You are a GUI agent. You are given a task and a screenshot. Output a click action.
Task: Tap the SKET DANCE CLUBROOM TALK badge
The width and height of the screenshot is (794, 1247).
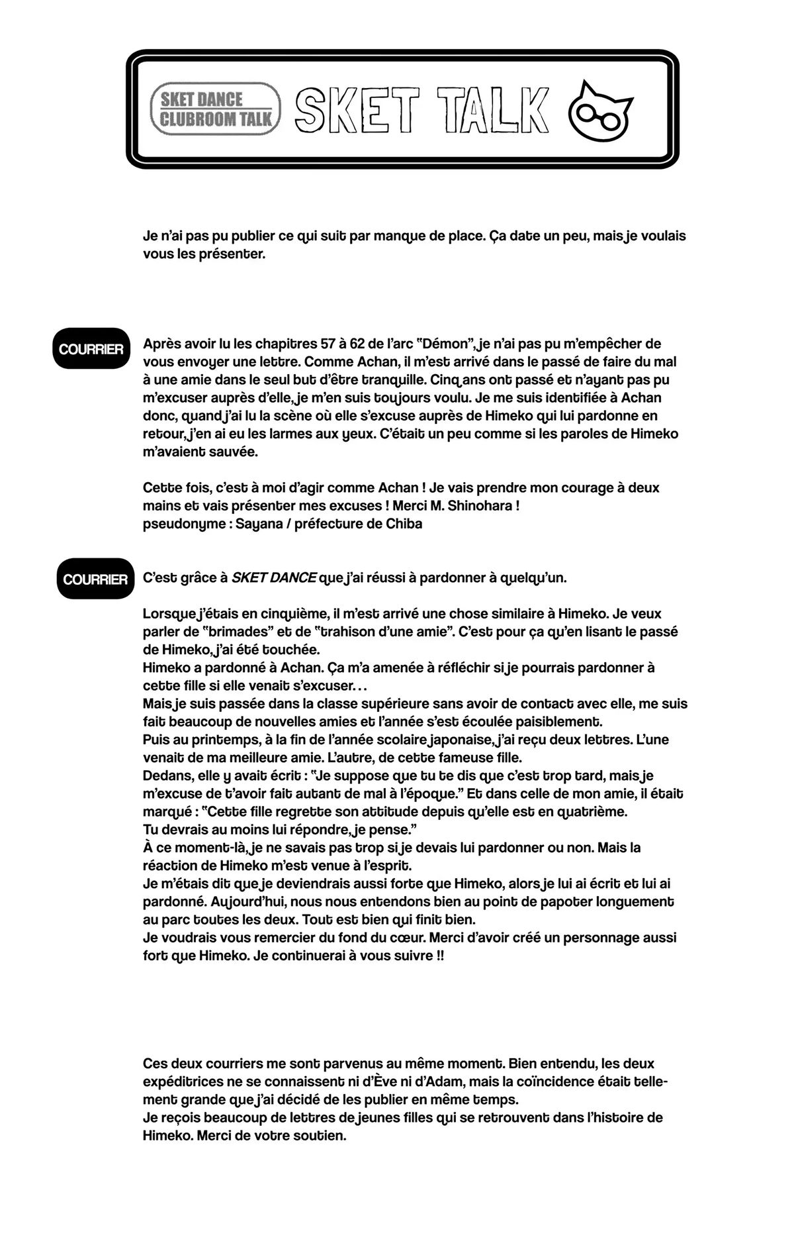[216, 109]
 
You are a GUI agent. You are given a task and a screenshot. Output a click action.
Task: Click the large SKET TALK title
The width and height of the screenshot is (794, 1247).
[422, 109]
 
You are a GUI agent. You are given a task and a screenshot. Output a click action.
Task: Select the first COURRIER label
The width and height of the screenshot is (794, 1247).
[91, 349]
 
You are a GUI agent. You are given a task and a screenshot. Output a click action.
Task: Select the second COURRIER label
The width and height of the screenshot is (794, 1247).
[95, 579]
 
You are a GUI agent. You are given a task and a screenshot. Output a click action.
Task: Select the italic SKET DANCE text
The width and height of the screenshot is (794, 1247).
[274, 577]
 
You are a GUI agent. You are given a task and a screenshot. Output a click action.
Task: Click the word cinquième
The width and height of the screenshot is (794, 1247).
[287, 614]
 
